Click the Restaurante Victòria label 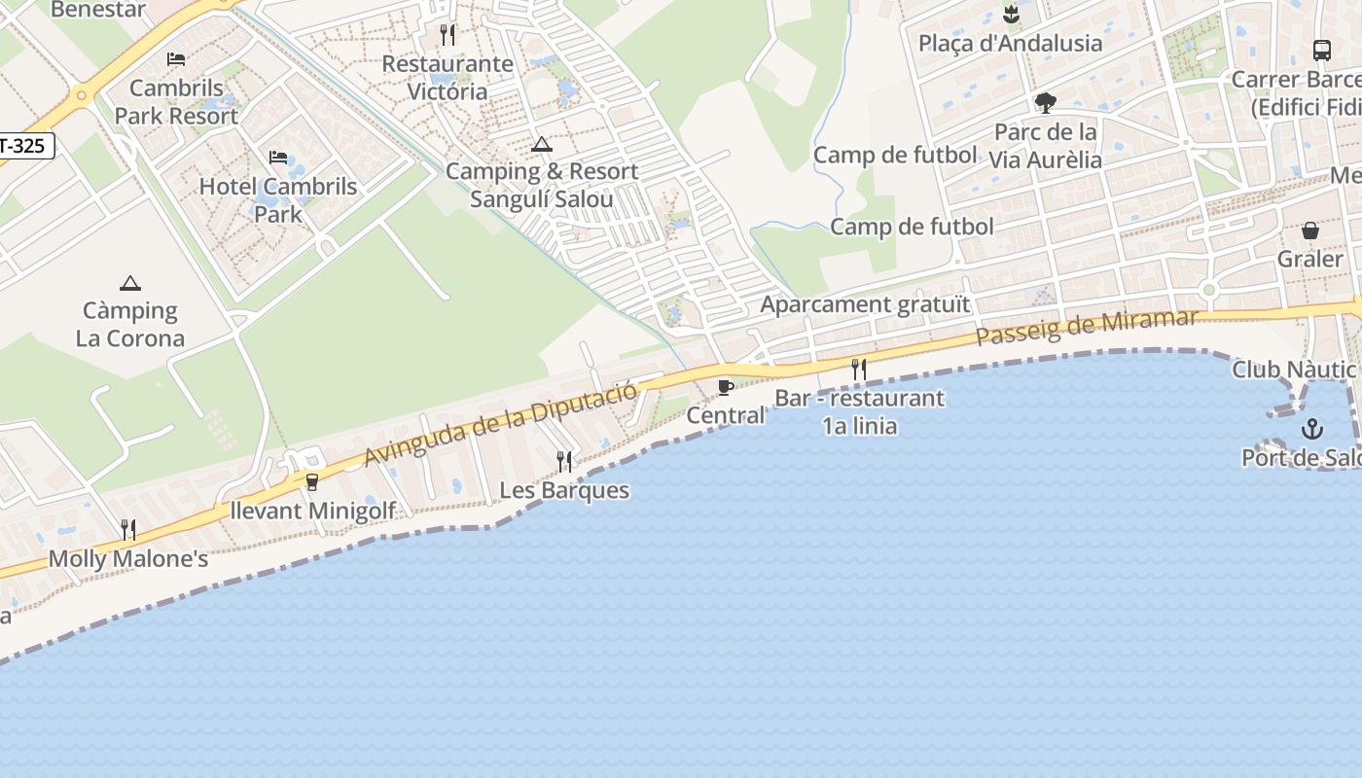point(448,78)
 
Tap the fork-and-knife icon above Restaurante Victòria point(448,35)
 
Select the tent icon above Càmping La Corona point(130,283)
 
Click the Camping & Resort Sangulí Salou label point(542,185)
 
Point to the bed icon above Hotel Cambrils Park point(278,157)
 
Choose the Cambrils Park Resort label point(176,102)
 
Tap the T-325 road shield point(25,147)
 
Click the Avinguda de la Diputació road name point(501,423)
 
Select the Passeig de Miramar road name point(1087,327)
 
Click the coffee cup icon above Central point(725,387)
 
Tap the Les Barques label point(564,490)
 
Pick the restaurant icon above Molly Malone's point(128,530)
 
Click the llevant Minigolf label point(313,511)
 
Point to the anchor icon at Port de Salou point(1312,428)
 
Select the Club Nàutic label point(1294,370)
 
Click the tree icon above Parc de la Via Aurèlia point(1046,102)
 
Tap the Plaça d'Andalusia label point(1011,43)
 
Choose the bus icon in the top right point(1321,50)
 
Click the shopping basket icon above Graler point(1310,230)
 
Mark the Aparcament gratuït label point(865,304)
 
